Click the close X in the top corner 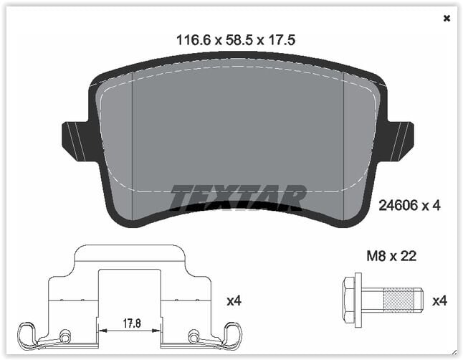[x=447, y=19]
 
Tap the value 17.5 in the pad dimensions [x=282, y=41]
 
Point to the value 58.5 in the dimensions [x=239, y=41]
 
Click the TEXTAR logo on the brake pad [x=238, y=197]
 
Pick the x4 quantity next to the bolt [x=438, y=301]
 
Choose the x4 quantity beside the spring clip [x=234, y=301]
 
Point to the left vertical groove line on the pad [x=133, y=143]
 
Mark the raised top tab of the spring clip [x=129, y=253]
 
